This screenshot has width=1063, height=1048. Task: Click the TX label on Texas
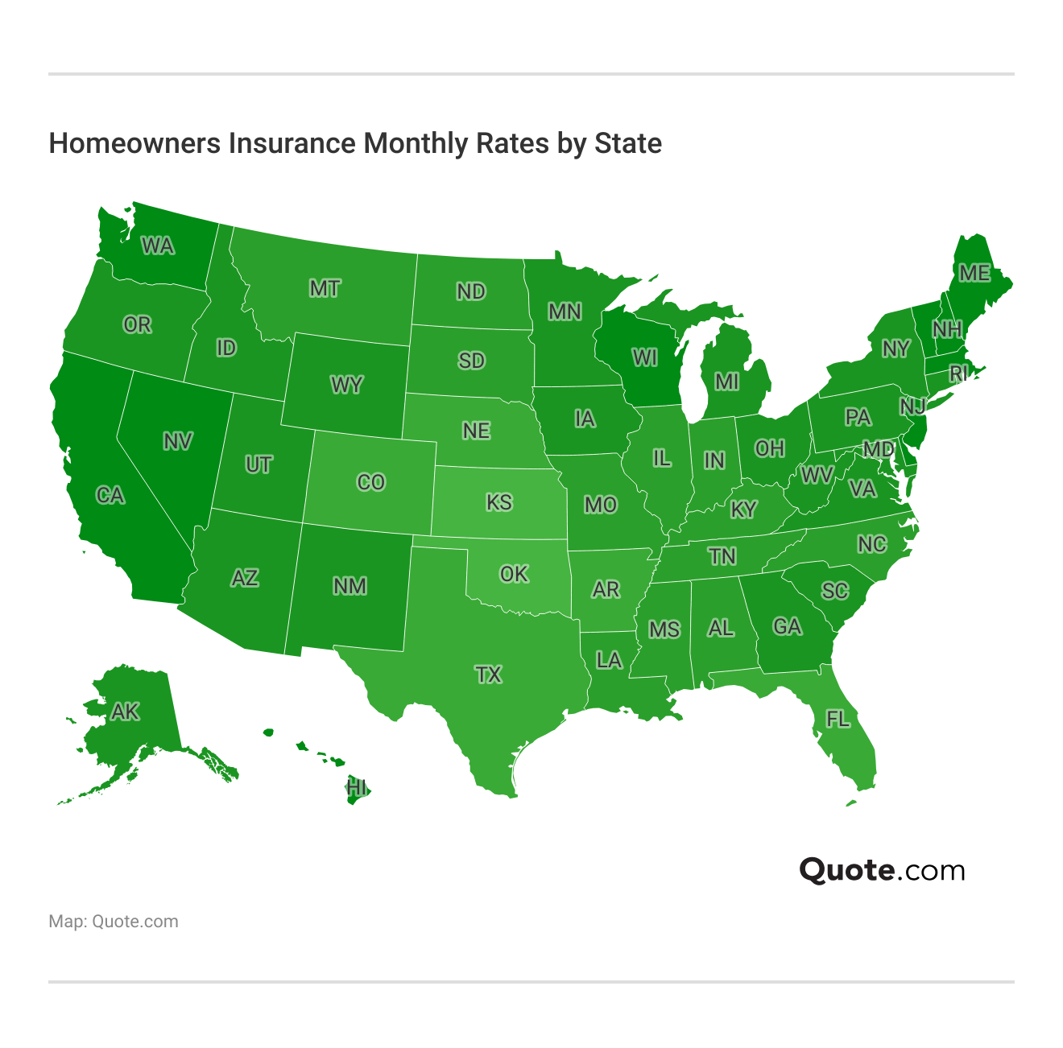pos(488,675)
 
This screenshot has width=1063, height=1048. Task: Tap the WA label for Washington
pos(158,245)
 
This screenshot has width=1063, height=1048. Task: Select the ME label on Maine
pos(974,274)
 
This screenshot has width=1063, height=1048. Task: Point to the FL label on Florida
pos(838,718)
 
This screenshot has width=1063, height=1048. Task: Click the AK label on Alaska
pos(125,712)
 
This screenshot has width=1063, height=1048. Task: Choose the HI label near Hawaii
pos(356,787)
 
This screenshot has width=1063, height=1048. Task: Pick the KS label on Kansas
pos(498,502)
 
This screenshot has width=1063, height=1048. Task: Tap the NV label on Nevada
pos(177,441)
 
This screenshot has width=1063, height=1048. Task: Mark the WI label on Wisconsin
pos(644,357)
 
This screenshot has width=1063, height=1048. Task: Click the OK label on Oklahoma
pos(514,574)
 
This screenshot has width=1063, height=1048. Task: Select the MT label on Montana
pos(325,288)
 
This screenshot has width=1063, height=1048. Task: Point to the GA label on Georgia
pos(787,626)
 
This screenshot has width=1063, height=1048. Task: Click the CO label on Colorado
pos(370,482)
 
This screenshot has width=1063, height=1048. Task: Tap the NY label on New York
pos(895,349)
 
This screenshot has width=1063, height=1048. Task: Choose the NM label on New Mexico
pos(350,586)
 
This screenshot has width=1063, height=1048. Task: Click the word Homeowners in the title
pos(134,143)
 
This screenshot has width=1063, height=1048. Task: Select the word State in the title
pos(628,143)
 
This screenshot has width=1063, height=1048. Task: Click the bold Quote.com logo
pos(882,870)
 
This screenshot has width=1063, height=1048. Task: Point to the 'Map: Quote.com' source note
pos(114,922)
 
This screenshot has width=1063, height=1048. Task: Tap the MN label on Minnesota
pos(565,312)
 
